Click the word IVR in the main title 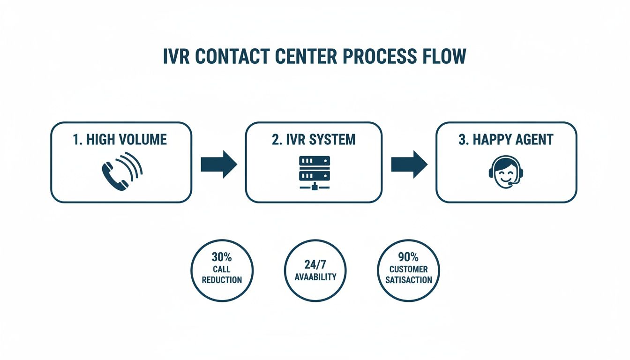(x=176, y=57)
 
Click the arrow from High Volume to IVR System (x=218, y=165)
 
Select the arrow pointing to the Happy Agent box (x=409, y=165)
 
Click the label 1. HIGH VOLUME (x=120, y=140)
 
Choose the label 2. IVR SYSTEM (x=314, y=140)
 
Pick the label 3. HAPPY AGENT (x=506, y=140)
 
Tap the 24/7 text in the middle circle (x=315, y=264)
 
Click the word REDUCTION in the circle (x=222, y=280)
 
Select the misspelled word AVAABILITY (x=315, y=277)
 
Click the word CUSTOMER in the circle (x=408, y=270)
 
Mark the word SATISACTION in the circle (x=408, y=280)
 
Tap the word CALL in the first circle (x=222, y=270)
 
